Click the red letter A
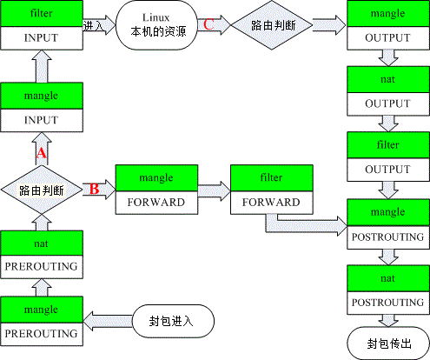(x=39, y=153)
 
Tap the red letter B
(x=95, y=188)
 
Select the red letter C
(x=208, y=24)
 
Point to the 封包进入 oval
(x=174, y=320)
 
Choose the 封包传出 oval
(x=388, y=343)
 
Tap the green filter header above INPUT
(x=41, y=15)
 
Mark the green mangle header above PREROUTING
(x=41, y=309)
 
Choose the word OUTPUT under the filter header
(x=387, y=170)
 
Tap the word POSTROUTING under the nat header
(x=387, y=302)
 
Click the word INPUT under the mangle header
(x=41, y=119)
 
